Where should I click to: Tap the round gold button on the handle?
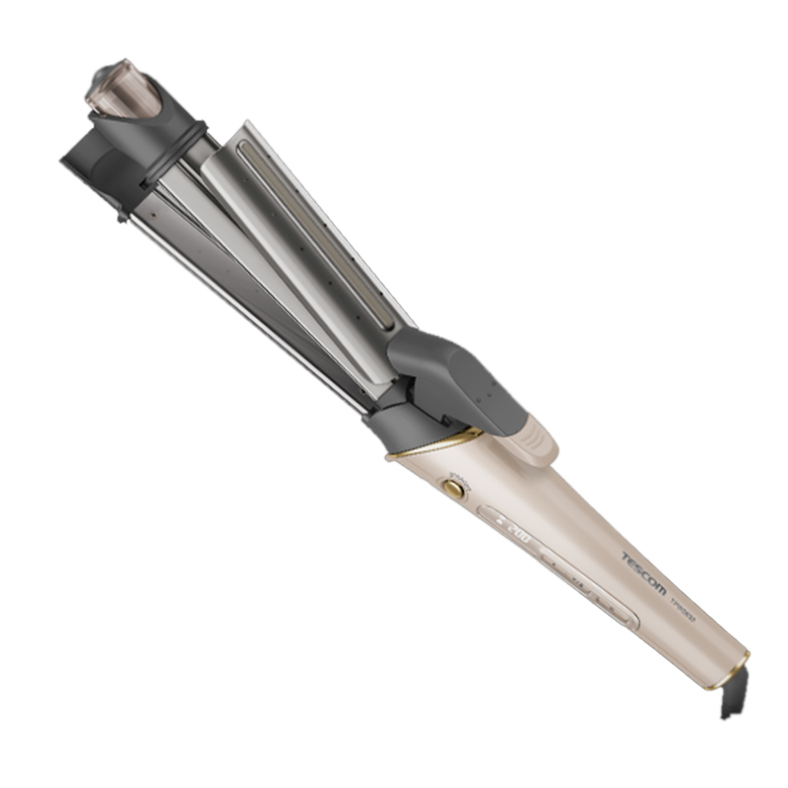point(455,487)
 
